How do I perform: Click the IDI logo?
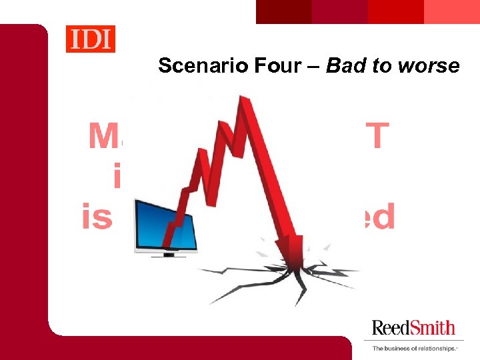90,39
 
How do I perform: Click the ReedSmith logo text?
413,327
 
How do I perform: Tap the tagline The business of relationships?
413,348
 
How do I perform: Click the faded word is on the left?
97,217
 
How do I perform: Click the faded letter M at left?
104,136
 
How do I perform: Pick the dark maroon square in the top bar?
284,11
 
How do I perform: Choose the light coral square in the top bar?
452,11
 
